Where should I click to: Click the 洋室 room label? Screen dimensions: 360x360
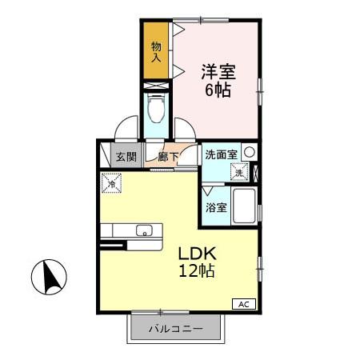pyautogui.click(x=217, y=70)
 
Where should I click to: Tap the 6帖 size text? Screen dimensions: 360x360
pyautogui.click(x=217, y=90)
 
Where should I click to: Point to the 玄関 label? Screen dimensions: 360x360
pyautogui.click(x=125, y=157)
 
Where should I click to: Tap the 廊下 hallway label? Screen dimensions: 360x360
pyautogui.click(x=167, y=157)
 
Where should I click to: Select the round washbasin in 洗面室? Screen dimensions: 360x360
pyautogui.click(x=250, y=152)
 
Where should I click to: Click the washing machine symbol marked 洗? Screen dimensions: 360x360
pyautogui.click(x=239, y=170)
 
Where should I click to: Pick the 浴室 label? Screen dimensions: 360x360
pyautogui.click(x=216, y=207)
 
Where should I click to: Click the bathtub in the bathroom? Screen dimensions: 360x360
pyautogui.click(x=243, y=206)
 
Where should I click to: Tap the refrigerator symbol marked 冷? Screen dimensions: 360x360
pyautogui.click(x=110, y=182)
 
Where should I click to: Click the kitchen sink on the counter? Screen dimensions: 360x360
pyautogui.click(x=144, y=231)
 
